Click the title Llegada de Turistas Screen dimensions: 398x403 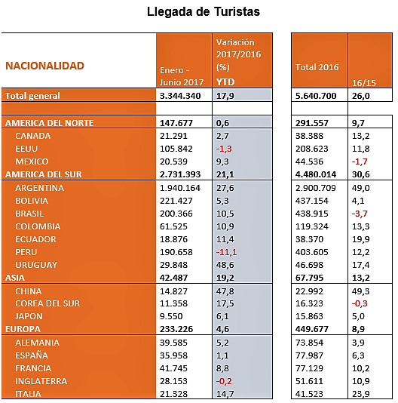(x=204, y=12)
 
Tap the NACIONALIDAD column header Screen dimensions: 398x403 (x=44, y=66)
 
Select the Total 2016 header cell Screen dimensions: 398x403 (x=317, y=67)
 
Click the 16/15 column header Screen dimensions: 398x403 (x=364, y=83)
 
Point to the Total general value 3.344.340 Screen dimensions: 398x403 (x=180, y=96)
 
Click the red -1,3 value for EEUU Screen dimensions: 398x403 (x=224, y=149)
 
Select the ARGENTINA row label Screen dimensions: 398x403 (x=39, y=188)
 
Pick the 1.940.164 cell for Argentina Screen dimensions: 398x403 (x=180, y=188)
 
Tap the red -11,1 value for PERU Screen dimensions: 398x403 (x=226, y=252)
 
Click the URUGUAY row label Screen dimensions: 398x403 (x=36, y=265)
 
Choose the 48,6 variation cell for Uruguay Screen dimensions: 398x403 (x=225, y=265)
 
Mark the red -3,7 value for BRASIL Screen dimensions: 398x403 (x=360, y=214)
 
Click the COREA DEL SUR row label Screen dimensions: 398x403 (x=47, y=303)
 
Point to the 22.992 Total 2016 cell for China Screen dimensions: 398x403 (x=309, y=291)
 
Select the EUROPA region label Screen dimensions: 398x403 (x=23, y=329)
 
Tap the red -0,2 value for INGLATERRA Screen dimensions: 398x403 (x=224, y=381)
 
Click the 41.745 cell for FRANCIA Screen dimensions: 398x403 (x=173, y=368)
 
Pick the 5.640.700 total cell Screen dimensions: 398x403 (x=316, y=96)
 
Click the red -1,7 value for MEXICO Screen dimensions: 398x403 (x=360, y=162)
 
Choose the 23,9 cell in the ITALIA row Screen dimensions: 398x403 (x=360, y=394)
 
